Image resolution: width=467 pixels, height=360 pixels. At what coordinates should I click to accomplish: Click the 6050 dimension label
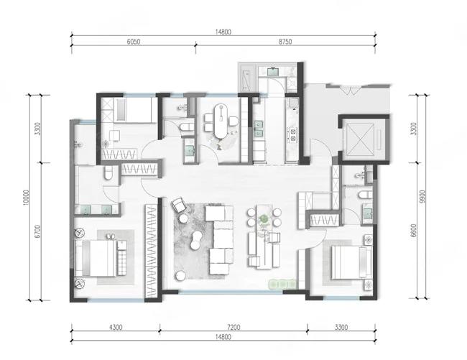click(x=134, y=42)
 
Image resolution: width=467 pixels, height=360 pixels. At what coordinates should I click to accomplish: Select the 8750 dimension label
click(x=285, y=42)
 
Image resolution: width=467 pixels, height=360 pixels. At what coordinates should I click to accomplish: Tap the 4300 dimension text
click(x=116, y=327)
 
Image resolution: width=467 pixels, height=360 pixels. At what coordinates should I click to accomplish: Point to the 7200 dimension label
click(x=233, y=327)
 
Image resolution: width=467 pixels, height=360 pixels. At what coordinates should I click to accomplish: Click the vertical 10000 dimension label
click(x=26, y=198)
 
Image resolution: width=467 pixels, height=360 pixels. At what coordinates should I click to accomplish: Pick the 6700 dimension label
click(x=37, y=231)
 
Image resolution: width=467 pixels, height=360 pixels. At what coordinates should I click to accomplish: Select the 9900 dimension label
click(x=422, y=197)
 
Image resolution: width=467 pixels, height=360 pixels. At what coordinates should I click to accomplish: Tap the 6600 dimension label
click(x=413, y=231)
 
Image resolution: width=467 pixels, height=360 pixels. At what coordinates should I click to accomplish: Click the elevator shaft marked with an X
click(x=361, y=139)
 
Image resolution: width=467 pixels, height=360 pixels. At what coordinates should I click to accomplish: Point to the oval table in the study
click(x=221, y=121)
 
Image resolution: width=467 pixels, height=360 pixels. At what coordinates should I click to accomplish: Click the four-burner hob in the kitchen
click(x=292, y=134)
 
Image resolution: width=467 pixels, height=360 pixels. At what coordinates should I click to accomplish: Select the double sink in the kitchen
click(x=258, y=129)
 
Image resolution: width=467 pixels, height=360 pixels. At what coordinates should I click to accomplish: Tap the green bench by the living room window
click(x=282, y=284)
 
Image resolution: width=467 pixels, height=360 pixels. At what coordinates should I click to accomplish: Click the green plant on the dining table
click(x=264, y=219)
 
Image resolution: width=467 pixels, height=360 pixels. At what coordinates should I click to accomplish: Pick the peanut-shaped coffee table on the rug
click(x=196, y=241)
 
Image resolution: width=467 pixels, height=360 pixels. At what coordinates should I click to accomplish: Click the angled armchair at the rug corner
click(x=180, y=205)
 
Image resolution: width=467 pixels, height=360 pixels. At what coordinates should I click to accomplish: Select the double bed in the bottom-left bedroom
click(x=96, y=258)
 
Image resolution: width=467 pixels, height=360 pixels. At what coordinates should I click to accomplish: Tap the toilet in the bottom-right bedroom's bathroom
click(x=366, y=195)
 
